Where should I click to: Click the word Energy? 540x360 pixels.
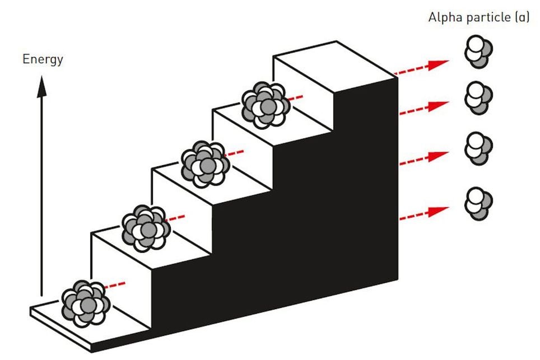[43, 59]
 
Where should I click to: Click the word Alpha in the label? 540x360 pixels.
[443, 17]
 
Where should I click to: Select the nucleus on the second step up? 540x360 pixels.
[145, 227]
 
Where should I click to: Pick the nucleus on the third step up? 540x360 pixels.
[206, 163]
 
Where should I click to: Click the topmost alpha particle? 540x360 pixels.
[477, 52]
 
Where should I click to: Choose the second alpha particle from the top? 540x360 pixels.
[478, 98]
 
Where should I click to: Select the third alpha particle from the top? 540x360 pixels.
[478, 148]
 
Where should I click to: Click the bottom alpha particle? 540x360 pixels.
[478, 204]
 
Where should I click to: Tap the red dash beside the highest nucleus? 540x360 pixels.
[295, 97]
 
